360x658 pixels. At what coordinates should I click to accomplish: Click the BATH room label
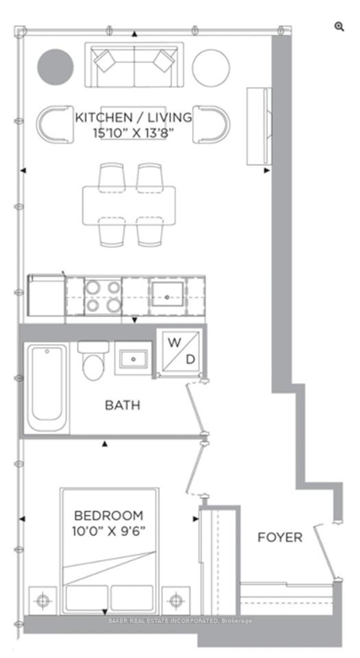(x=122, y=405)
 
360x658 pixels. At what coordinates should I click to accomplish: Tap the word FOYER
(x=280, y=537)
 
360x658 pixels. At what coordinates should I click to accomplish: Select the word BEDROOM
(x=108, y=515)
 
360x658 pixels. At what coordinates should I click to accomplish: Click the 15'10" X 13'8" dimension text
(x=134, y=134)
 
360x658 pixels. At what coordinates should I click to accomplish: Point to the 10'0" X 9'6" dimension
(x=108, y=531)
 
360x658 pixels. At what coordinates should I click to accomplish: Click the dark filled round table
(x=56, y=67)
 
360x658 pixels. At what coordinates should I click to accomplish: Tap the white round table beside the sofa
(x=211, y=68)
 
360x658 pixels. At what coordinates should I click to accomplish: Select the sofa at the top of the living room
(x=134, y=64)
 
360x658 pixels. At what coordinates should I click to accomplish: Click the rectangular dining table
(x=129, y=206)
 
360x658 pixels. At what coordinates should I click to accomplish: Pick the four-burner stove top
(x=104, y=297)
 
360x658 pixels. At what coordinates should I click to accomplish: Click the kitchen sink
(x=167, y=297)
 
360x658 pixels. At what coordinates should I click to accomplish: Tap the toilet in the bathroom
(x=93, y=360)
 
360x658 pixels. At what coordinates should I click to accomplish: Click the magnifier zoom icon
(x=339, y=27)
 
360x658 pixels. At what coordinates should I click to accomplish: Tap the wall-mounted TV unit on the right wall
(x=259, y=126)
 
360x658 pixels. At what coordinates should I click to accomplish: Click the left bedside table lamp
(x=43, y=600)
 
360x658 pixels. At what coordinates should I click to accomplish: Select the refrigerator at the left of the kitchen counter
(x=46, y=295)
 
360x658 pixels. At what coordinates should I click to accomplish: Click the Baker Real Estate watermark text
(x=180, y=621)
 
